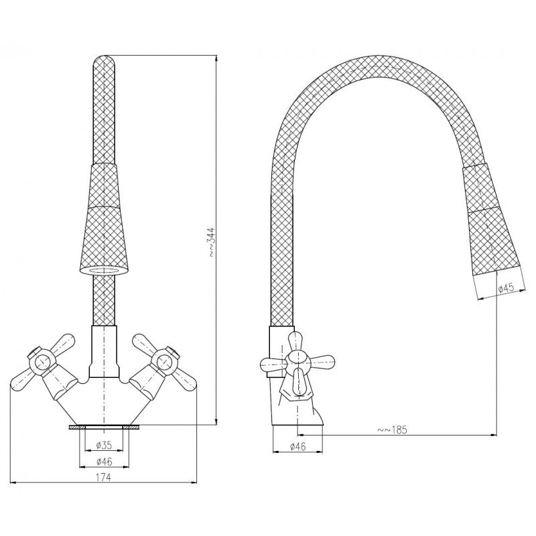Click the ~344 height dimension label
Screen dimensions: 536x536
[x=212, y=241]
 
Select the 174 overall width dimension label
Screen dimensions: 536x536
[x=104, y=477]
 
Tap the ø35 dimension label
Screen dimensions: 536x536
[x=105, y=445]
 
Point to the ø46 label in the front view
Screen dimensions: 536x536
[x=105, y=462]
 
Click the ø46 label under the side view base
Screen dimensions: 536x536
[x=297, y=446]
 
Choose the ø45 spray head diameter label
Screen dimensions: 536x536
[x=507, y=288]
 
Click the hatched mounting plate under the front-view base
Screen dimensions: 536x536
[x=105, y=427]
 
